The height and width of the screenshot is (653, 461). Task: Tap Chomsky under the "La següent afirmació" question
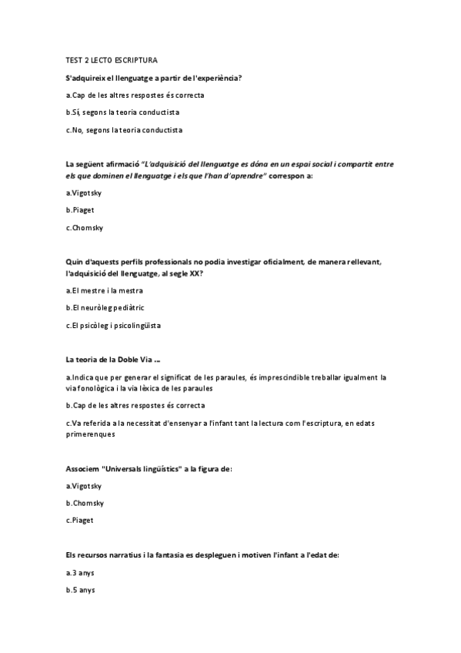tap(85, 227)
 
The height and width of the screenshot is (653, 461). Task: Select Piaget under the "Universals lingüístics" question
tap(81, 520)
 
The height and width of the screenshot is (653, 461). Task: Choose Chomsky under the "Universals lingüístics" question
tap(85, 503)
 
